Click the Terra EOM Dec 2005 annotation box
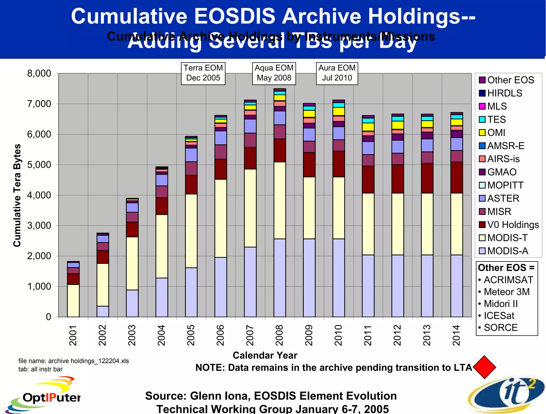click(x=203, y=73)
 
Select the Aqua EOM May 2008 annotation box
click(x=274, y=73)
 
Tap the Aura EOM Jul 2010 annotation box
click(x=337, y=73)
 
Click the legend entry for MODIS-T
click(x=507, y=238)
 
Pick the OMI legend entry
click(x=496, y=132)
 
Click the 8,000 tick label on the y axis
click(x=39, y=73)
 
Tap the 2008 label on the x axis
click(x=279, y=335)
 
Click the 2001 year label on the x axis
click(x=73, y=335)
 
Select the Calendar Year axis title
click(x=265, y=355)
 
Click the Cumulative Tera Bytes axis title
click(x=17, y=195)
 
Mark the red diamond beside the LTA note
click(x=484, y=367)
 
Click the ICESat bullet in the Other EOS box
click(x=498, y=316)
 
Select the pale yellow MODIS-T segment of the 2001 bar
click(x=73, y=301)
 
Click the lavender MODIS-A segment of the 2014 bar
click(x=456, y=286)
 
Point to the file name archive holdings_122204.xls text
click(x=74, y=361)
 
